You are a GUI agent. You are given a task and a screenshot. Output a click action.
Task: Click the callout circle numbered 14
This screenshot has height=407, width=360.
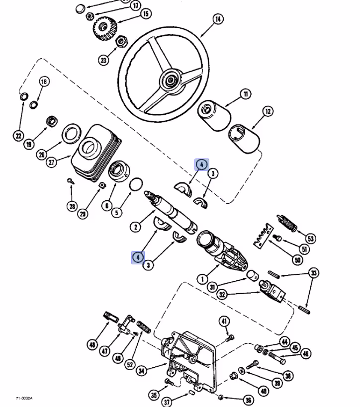point(218,20)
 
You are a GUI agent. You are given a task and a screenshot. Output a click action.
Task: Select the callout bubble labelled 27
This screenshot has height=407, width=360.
point(52,162)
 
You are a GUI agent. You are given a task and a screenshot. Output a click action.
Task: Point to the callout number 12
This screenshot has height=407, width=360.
point(268,111)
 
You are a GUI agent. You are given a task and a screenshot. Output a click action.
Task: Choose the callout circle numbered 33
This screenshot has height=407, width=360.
point(314,273)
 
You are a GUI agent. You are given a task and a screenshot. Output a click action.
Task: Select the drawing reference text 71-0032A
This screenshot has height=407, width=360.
point(24,398)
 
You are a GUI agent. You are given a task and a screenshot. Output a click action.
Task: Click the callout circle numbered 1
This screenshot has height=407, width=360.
point(203,279)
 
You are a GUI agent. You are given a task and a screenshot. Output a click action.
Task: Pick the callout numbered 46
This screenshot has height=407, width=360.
point(306,354)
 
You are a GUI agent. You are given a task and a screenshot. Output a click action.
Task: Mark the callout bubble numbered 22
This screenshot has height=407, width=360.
point(18,136)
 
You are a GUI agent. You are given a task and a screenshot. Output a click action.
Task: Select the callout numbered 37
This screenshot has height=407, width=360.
point(167,402)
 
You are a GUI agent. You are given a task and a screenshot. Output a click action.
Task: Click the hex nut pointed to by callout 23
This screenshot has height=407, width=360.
point(120,42)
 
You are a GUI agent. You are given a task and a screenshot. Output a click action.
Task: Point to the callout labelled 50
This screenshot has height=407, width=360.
point(298,260)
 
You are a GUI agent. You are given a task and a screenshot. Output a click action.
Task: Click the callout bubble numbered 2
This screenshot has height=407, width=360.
point(135,227)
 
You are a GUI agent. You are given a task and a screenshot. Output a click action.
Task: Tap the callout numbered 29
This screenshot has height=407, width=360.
point(83,214)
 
